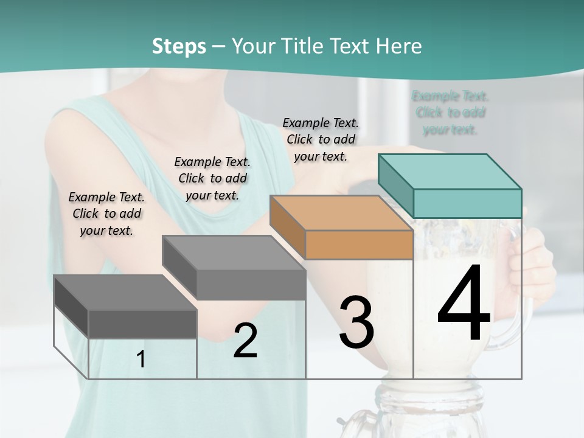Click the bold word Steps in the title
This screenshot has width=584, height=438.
[179, 46]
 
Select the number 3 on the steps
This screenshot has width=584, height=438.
[356, 322]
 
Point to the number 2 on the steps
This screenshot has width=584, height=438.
[245, 341]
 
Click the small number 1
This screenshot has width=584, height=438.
[141, 360]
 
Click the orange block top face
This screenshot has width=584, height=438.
[341, 213]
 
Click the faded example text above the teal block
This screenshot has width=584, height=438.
[450, 113]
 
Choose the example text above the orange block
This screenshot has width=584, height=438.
[321, 139]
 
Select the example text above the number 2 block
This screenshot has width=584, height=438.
[212, 178]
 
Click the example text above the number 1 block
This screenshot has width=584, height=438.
[106, 214]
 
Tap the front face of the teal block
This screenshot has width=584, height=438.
[467, 203]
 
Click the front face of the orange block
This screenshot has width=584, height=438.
[359, 245]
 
